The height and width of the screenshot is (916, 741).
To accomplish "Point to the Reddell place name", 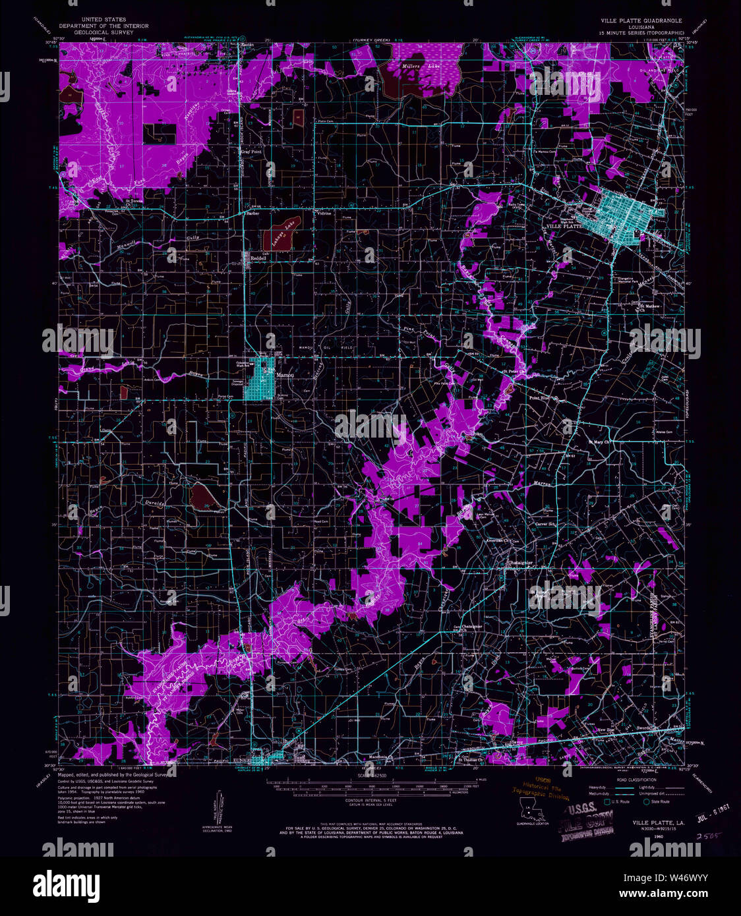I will pyautogui.click(x=258, y=258).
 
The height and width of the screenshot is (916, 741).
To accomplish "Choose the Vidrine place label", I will pyautogui.click(x=324, y=214).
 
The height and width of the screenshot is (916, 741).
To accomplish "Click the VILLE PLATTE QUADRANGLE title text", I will pyautogui.click(x=641, y=20).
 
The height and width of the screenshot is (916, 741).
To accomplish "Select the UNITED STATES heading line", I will pyautogui.click(x=104, y=20).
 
